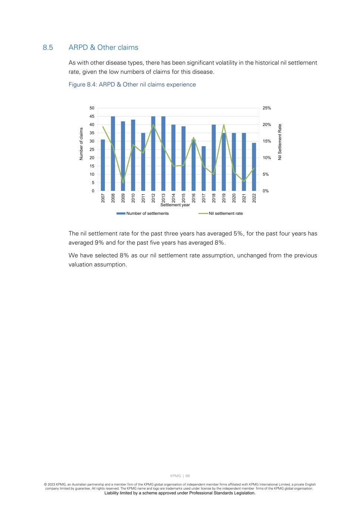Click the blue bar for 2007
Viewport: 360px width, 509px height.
pyautogui.click(x=103, y=165)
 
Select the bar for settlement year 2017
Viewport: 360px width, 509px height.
pyautogui.click(x=204, y=169)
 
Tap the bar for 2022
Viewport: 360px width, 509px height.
pyautogui.click(x=254, y=167)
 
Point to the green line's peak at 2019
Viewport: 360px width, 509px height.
pyautogui.click(x=224, y=125)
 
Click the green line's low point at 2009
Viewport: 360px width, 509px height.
pyautogui.click(x=123, y=183)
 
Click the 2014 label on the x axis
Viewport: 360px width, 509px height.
pyautogui.click(x=173, y=198)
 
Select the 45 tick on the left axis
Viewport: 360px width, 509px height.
pyautogui.click(x=92, y=116)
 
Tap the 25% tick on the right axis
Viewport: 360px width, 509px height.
pyautogui.click(x=267, y=108)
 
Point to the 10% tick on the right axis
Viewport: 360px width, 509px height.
pyautogui.click(x=267, y=158)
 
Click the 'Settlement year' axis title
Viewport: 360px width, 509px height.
pyautogui.click(x=175, y=205)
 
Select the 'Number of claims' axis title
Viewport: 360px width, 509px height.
pyautogui.click(x=81, y=144)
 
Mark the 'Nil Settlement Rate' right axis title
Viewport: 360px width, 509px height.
pyautogui.click(x=280, y=142)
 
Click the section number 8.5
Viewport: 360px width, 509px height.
pyautogui.click(x=48, y=47)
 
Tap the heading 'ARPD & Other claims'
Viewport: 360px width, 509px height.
pyautogui.click(x=103, y=47)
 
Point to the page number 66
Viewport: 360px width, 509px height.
pyautogui.click(x=188, y=476)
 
